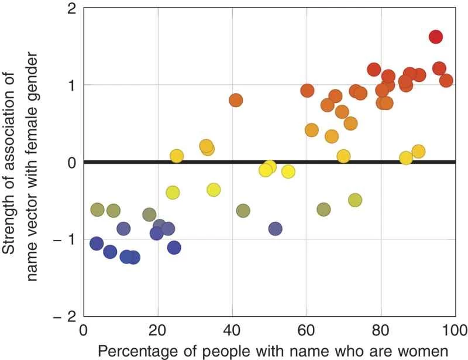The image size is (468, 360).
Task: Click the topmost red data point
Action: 435,36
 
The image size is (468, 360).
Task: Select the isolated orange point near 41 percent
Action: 236,100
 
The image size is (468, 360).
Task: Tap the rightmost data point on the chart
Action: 446,80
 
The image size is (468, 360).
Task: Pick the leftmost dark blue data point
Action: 97,244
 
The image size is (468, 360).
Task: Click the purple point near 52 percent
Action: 275,228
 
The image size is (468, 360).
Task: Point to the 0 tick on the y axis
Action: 73,162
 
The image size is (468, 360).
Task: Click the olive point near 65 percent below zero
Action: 324,209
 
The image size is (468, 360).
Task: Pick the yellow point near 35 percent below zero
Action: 214,190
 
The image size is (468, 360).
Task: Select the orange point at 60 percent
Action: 307,91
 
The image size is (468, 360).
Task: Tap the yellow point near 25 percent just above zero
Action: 177,156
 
